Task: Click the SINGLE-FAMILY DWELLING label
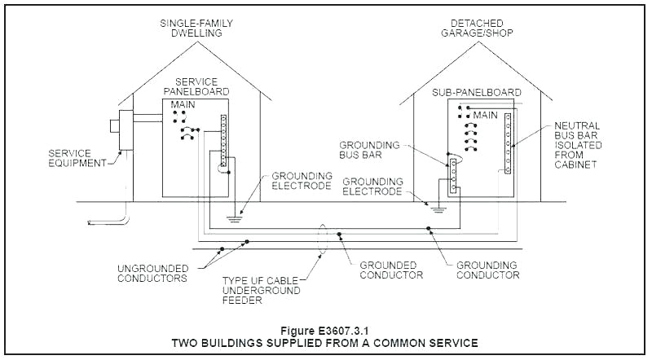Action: [x=192, y=28]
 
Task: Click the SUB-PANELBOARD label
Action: [x=478, y=93]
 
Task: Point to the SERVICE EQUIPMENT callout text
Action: [x=77, y=157]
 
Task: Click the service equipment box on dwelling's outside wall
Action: [x=126, y=130]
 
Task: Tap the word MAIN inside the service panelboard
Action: [x=184, y=106]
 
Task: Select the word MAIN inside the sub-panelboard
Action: [x=486, y=114]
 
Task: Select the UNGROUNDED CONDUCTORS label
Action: [x=152, y=273]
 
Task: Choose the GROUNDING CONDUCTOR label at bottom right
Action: [x=488, y=270]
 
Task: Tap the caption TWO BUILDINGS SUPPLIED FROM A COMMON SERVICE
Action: [x=326, y=343]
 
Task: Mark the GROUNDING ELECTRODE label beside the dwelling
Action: [x=302, y=181]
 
